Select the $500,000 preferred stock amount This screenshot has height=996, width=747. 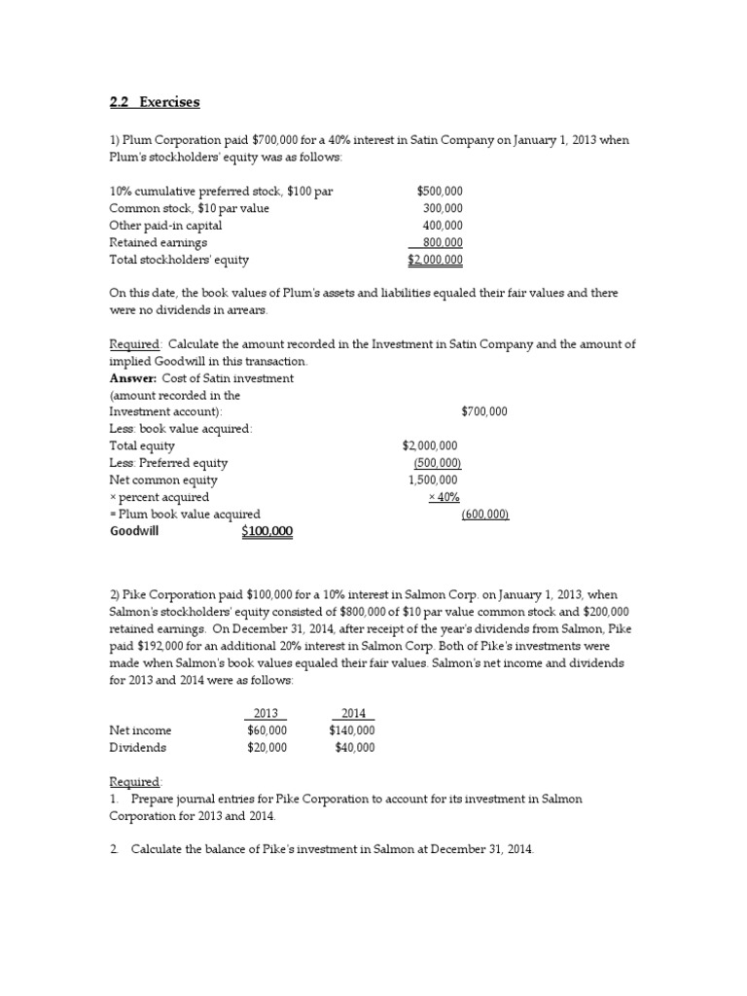pyautogui.click(x=440, y=191)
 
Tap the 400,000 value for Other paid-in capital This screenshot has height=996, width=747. pyautogui.click(x=443, y=226)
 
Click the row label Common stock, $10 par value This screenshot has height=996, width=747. pyautogui.click(x=189, y=208)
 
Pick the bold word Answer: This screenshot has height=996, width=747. pyautogui.click(x=130, y=377)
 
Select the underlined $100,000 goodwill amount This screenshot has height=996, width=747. pyautogui.click(x=267, y=532)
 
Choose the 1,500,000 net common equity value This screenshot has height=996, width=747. pyautogui.click(x=433, y=480)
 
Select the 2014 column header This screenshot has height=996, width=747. pyautogui.click(x=352, y=714)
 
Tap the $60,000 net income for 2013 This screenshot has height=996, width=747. pyautogui.click(x=267, y=730)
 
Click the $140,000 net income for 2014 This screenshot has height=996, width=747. pyautogui.click(x=351, y=730)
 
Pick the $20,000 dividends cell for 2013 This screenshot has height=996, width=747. pyautogui.click(x=267, y=748)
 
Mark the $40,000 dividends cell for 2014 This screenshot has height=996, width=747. pyautogui.click(x=354, y=748)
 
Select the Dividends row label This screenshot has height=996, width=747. pyautogui.click(x=137, y=748)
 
